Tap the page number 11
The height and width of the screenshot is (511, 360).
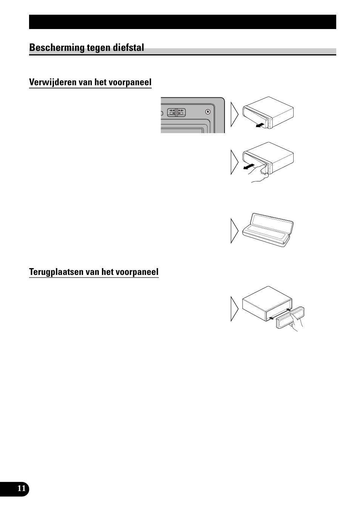[22, 489]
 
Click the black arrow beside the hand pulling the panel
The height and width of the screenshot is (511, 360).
[249, 167]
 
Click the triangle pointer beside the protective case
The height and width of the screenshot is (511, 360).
[234, 231]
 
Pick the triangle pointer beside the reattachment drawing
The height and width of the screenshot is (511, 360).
[234, 309]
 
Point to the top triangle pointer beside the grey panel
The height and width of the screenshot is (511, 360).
[234, 114]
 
